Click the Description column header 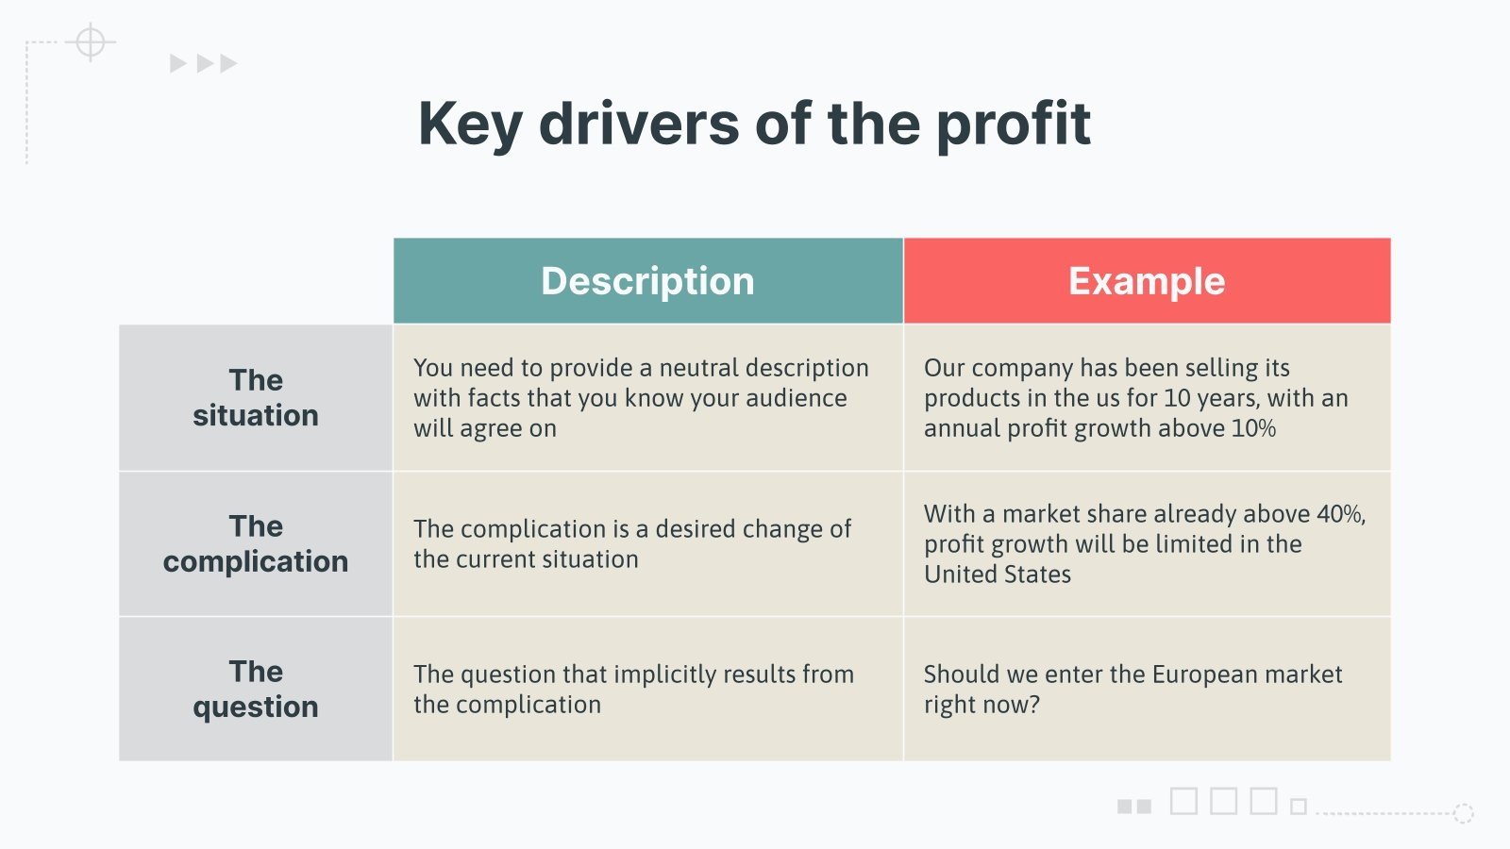(x=647, y=281)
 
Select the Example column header (x=1148, y=281)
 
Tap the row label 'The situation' (x=256, y=397)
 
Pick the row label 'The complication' (x=256, y=543)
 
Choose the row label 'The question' (x=256, y=689)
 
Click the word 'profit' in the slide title (x=1014, y=125)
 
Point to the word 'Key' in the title (x=471, y=125)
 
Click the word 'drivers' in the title (x=639, y=124)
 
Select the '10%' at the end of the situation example (x=1254, y=428)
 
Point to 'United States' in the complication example (x=997, y=574)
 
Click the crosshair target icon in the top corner (x=91, y=42)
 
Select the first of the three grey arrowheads (x=177, y=63)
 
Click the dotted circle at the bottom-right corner (x=1464, y=813)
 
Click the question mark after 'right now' (x=1034, y=705)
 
